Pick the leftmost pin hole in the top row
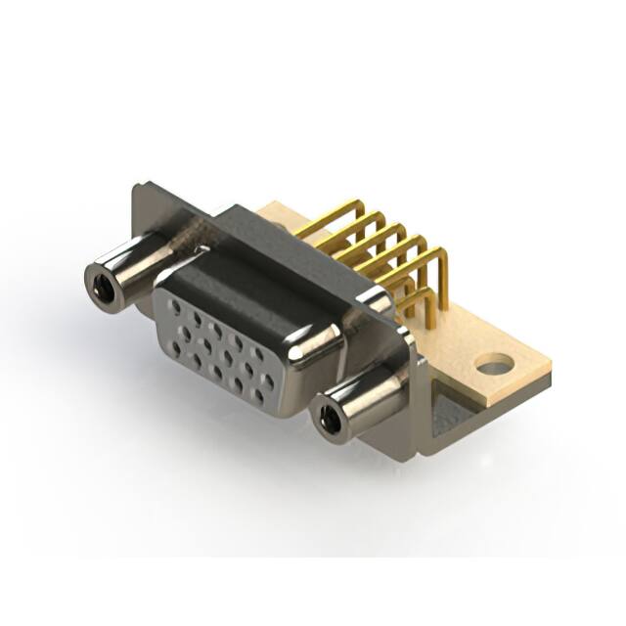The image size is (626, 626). [175, 305]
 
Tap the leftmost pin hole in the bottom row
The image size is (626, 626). [196, 360]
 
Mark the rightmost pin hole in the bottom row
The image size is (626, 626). [259, 396]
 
